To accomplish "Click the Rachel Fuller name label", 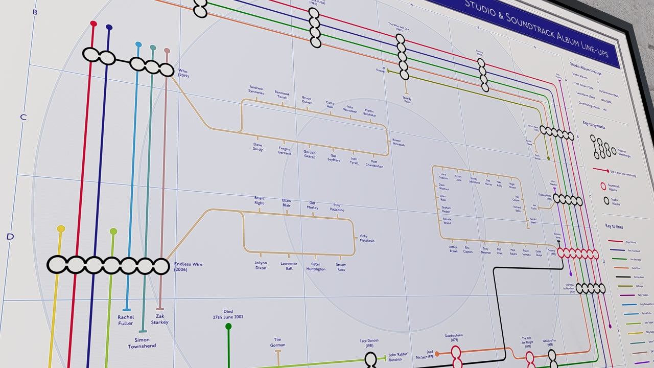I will pyautogui.click(x=126, y=320).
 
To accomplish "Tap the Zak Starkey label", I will pyautogui.click(x=160, y=319).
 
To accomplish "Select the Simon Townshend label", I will pyautogui.click(x=142, y=343).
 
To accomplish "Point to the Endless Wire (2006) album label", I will pyautogui.click(x=189, y=267).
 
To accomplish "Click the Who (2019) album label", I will pyautogui.click(x=183, y=73).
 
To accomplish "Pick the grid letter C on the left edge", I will pyautogui.click(x=23, y=117).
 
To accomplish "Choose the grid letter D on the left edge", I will pyautogui.click(x=10, y=237).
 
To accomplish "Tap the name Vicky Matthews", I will pyautogui.click(x=367, y=238).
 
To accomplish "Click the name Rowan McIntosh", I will pyautogui.click(x=398, y=142).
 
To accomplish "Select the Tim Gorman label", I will pyautogui.click(x=278, y=342).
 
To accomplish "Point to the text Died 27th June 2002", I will pyautogui.click(x=228, y=314).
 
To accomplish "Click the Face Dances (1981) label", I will pyautogui.click(x=369, y=343).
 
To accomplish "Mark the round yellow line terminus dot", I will pyautogui.click(x=61, y=229).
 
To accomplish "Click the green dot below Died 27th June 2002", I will pyautogui.click(x=228, y=326).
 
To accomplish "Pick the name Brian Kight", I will pyautogui.click(x=260, y=200).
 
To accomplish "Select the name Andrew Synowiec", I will pyautogui.click(x=256, y=90).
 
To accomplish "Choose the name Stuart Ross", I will pyautogui.click(x=341, y=267).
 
